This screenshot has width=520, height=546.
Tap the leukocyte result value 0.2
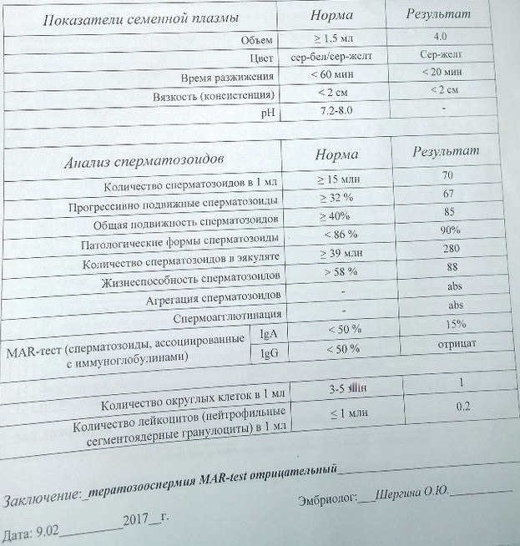(x=463, y=407)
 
